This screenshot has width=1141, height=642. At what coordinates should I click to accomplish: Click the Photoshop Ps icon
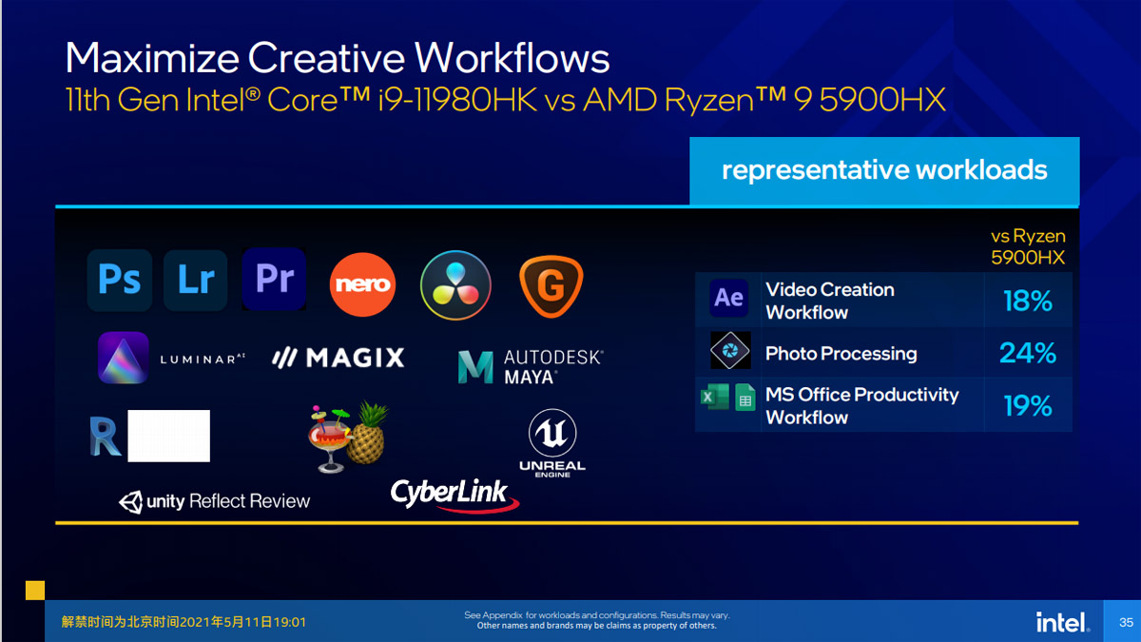coord(120,280)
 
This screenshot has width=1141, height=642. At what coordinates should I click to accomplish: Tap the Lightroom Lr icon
coord(196,280)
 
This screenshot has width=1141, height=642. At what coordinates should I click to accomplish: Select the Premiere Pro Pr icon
coord(275,279)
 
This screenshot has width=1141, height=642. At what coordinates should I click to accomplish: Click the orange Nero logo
coord(362,284)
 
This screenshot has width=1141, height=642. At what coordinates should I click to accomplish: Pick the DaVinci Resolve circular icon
coord(455,284)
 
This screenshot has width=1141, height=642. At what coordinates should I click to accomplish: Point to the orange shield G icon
coord(551,286)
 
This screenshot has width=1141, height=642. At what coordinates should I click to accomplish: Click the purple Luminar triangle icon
coord(124,358)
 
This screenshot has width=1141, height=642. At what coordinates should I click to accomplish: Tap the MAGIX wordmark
coord(338,358)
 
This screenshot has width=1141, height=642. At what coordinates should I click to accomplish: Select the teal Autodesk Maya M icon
coord(475,366)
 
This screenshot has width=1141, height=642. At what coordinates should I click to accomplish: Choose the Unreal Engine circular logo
coord(552,434)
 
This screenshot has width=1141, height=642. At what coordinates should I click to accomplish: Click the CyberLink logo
coord(454,495)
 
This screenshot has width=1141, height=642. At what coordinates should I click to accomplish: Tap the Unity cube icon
coord(131,502)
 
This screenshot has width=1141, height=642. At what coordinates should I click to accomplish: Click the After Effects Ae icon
coord(729,298)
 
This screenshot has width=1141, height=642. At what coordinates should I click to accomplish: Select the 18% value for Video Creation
coord(1028,301)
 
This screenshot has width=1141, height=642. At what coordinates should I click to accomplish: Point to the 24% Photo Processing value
coord(1028,353)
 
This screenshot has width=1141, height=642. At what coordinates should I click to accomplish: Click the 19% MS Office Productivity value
coord(1028,405)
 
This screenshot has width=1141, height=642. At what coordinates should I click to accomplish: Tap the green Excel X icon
coord(715,397)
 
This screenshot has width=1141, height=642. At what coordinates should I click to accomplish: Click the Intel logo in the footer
coord(1063,622)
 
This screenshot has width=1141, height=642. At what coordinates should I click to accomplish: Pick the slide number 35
coord(1126,622)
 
